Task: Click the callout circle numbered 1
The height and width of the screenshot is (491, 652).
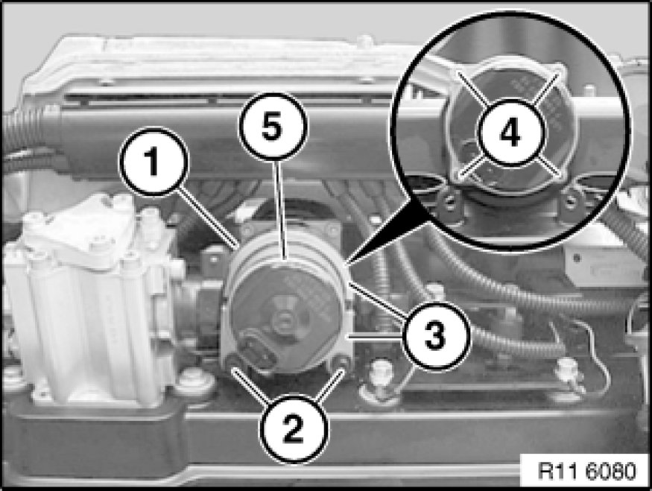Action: pos(153,162)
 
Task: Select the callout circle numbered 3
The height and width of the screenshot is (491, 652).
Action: pos(436,335)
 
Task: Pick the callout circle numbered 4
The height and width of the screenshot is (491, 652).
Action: pos(511,133)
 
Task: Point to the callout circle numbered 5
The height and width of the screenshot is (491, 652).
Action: pos(273,127)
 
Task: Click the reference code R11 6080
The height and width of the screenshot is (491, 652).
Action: pos(587,471)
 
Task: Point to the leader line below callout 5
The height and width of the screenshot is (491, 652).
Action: pos(280,210)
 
